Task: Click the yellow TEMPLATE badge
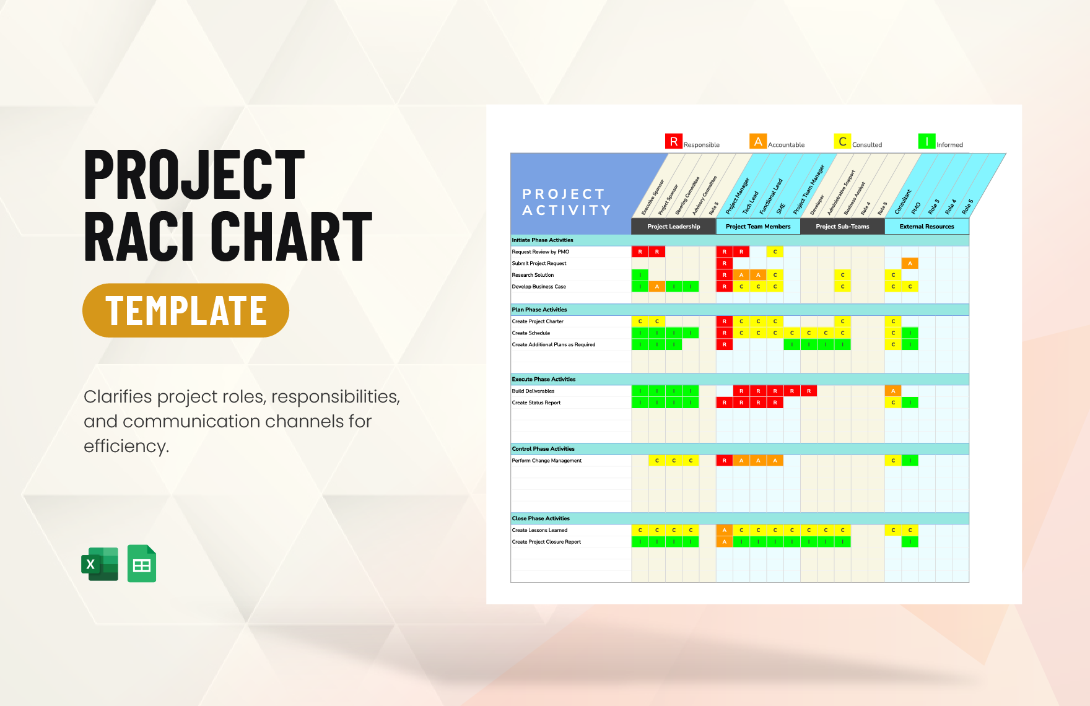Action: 186,310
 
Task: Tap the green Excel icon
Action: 100,564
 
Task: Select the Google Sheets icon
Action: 142,564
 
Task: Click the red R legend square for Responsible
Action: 673,141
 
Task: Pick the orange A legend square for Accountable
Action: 757,141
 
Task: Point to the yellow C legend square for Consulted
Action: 842,141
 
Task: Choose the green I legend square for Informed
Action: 926,141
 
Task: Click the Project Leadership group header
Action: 673,227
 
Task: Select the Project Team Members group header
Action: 758,227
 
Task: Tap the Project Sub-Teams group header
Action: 842,227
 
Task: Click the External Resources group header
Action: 926,227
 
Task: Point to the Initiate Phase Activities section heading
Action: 543,240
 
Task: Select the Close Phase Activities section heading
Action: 541,518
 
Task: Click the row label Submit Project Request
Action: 539,263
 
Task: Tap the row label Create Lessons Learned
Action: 539,530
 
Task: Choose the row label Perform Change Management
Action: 547,461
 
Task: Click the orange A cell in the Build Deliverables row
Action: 893,391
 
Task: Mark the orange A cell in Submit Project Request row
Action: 910,263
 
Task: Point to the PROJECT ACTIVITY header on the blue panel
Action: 566,202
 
